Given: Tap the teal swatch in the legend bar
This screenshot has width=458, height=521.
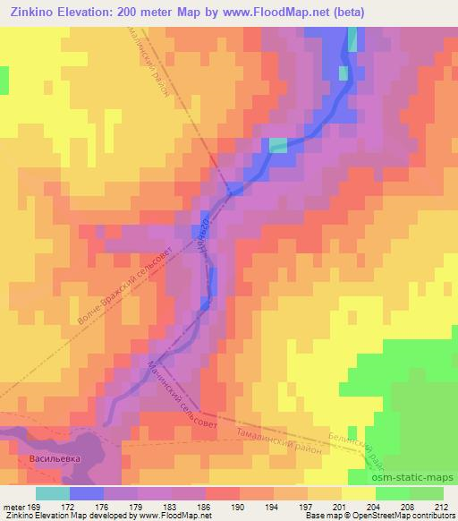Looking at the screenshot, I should point(53,493).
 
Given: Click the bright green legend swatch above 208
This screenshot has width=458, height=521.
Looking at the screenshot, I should point(393,493).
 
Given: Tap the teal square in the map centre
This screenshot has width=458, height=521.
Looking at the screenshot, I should point(278,145).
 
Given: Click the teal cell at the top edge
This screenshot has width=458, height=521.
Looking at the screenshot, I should point(352,38).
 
